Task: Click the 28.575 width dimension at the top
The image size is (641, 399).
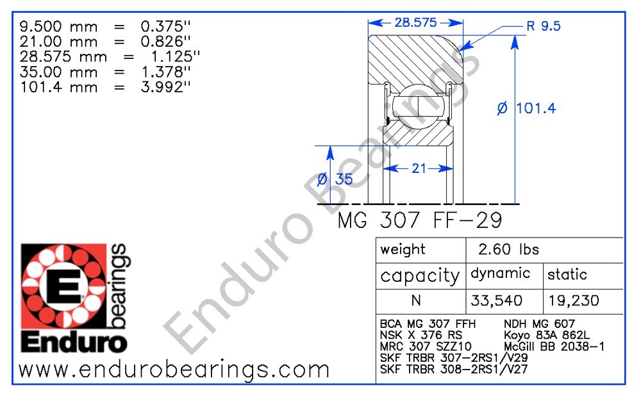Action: [415, 22]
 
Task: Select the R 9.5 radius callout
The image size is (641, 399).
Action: [543, 26]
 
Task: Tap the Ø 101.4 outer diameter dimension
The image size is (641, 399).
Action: [526, 108]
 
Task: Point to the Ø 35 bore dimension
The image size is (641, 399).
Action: [335, 179]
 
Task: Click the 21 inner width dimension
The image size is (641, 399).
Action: [419, 168]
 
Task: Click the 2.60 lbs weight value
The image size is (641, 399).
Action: [509, 250]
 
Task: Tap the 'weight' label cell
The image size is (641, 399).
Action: [403, 250]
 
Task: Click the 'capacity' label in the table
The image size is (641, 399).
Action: [420, 276]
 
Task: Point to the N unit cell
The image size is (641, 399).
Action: [420, 300]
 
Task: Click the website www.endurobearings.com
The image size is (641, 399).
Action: [174, 370]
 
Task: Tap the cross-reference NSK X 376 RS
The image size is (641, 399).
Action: [420, 335]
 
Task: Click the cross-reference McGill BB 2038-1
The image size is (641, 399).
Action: [554, 346]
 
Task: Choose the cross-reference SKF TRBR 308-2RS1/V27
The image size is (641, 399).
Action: [453, 369]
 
